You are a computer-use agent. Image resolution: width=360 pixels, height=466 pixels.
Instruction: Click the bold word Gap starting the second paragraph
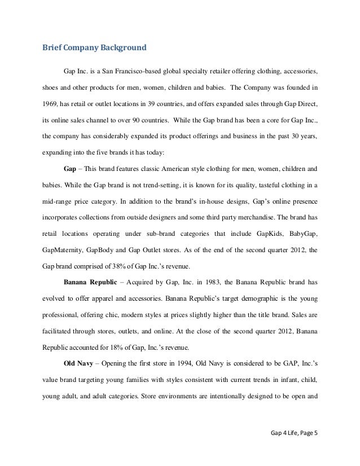click(70, 169)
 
